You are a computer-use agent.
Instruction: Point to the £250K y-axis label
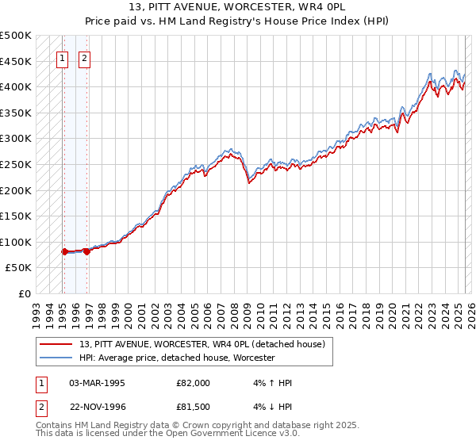point(17,164)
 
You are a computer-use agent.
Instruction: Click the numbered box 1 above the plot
point(62,57)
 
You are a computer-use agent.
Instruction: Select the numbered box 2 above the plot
point(84,57)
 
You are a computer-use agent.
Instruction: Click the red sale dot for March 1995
point(64,251)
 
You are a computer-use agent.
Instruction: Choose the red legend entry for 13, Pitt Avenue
point(202,344)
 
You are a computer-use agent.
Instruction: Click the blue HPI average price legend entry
point(176,358)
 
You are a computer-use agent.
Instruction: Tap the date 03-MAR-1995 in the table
point(97,383)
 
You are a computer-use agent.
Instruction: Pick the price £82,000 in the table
point(193,383)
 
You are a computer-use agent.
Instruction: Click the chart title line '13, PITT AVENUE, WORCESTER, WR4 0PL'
point(238,6)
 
